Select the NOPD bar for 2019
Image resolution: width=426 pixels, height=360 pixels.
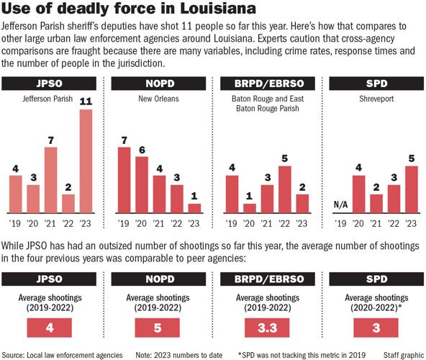click(x=124, y=180)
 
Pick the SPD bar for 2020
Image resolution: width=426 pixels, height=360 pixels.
click(x=355, y=195)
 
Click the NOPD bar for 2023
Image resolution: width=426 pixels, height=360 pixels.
click(x=194, y=208)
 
